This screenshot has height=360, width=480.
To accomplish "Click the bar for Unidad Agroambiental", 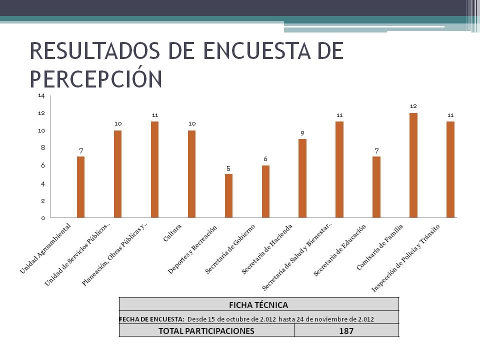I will (x=80, y=187).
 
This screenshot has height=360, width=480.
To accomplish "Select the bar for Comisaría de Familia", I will (x=413, y=165).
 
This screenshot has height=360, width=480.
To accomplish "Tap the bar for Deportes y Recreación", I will (x=228, y=196).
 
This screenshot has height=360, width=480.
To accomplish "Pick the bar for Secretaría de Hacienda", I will (x=302, y=178).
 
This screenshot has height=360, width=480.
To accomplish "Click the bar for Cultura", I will (x=191, y=174).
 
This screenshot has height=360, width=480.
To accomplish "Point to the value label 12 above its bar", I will (x=413, y=106).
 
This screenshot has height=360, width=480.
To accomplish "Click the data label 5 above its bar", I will (x=228, y=168).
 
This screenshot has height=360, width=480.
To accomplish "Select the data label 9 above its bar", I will (x=302, y=133).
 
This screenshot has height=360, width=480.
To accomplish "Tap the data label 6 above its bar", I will (x=265, y=158).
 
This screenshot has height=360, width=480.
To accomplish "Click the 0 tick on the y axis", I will (x=43, y=218).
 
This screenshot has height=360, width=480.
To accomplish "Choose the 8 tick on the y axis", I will (x=43, y=148).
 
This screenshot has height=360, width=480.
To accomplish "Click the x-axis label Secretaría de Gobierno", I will (x=230, y=249).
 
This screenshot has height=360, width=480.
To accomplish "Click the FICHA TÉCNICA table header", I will (x=258, y=304).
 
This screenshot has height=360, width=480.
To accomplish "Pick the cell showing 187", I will (x=346, y=330).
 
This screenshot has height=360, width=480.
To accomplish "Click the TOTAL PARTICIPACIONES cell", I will (x=206, y=330).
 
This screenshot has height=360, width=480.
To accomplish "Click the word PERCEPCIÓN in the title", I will (x=96, y=78).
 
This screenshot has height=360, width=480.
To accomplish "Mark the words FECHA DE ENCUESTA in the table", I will (x=151, y=318).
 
